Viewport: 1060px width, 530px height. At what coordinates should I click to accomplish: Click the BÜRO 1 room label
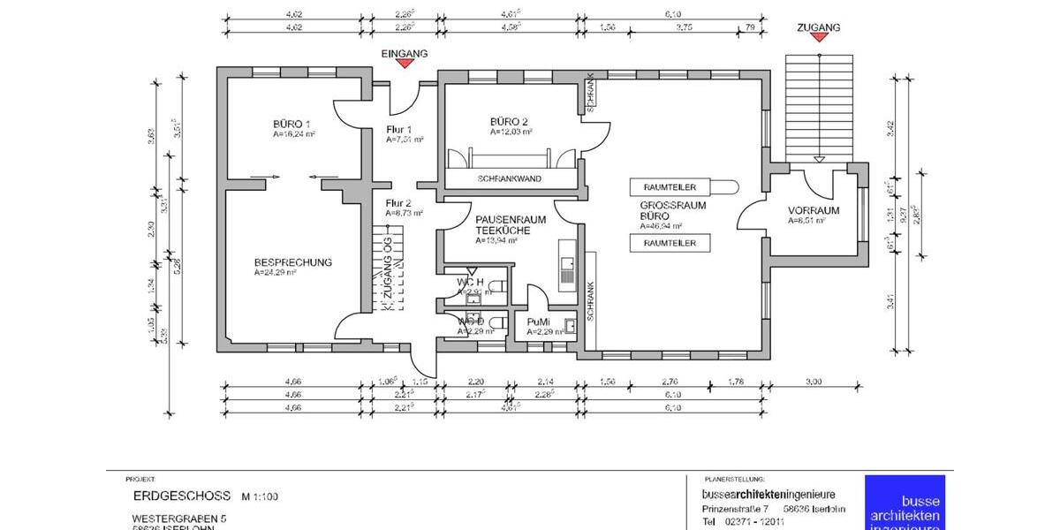(291, 123)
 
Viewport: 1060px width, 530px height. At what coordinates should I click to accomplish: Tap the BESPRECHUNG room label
(292, 262)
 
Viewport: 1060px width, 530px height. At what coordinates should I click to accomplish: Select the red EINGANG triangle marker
(404, 65)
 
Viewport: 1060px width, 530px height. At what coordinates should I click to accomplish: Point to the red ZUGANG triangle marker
(818, 39)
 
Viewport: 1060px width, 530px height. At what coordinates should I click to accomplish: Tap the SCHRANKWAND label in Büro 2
(509, 178)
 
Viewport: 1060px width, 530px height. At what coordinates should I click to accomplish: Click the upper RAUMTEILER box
(670, 187)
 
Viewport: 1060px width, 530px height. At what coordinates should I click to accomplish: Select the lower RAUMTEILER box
(670, 243)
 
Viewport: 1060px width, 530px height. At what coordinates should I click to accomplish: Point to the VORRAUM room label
(813, 210)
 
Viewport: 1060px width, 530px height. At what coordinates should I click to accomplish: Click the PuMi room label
(538, 322)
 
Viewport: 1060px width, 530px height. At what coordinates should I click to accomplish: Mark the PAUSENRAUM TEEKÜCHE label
(510, 224)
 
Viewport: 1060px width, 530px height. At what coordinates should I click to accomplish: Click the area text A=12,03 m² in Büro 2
(511, 132)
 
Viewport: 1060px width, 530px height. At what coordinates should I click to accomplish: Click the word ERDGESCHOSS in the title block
(182, 496)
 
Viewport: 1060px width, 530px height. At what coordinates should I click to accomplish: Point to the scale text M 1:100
(259, 497)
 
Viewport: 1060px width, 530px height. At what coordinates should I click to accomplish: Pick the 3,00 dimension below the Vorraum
(814, 382)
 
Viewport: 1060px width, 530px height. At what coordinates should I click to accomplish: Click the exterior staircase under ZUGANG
(819, 106)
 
